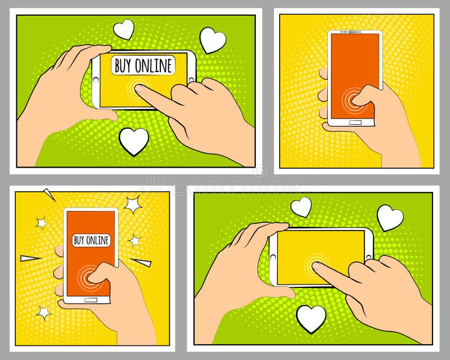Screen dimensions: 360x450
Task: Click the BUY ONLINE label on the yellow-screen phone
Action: pos(143,65)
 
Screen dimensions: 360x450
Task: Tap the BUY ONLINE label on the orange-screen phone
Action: pos(91,240)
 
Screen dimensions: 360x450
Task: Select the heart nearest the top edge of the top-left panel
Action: pos(124,29)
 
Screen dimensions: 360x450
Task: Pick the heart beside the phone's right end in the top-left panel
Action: pos(213,40)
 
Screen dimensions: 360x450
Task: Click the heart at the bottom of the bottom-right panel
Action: pos(311,318)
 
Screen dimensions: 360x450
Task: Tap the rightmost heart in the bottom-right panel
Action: pos(390,217)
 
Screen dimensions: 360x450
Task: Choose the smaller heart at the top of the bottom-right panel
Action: pos(301,206)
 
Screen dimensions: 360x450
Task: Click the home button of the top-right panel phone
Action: pos(355,121)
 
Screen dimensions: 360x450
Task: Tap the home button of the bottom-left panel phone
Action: pos(90,300)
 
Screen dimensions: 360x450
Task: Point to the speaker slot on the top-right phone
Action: pos(355,32)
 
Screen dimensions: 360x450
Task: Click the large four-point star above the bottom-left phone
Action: pos(133,204)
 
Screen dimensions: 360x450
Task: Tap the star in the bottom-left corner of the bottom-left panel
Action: pos(43,311)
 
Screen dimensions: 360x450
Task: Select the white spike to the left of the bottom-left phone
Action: pos(31,258)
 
